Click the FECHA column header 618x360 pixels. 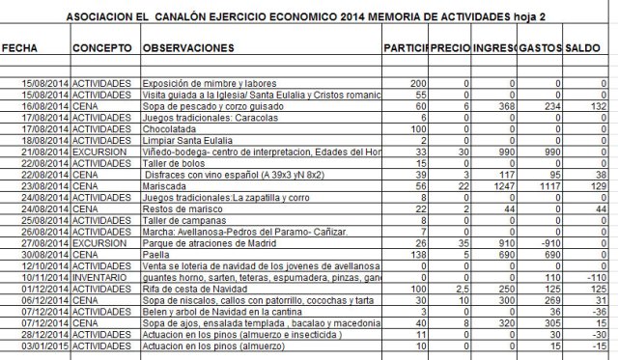click(18, 47)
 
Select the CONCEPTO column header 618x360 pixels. click(102, 47)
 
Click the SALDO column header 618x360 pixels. click(582, 47)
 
